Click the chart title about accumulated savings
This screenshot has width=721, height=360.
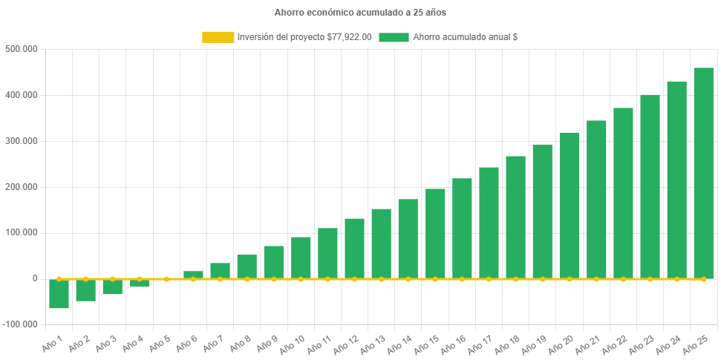pos(360,13)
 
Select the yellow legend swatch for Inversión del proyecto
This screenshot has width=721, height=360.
pos(218,37)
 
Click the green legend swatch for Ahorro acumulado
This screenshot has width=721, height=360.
pos(394,37)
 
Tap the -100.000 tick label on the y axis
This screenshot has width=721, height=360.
pos(22,324)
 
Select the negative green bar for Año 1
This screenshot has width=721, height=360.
pos(59,294)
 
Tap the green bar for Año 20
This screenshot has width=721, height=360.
pos(569,205)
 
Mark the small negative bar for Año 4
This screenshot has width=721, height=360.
pos(140,284)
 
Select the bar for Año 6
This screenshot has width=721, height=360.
pos(193,275)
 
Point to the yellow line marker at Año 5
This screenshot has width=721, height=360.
pos(166,279)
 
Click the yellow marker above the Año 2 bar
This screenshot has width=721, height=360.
pos(86,279)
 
